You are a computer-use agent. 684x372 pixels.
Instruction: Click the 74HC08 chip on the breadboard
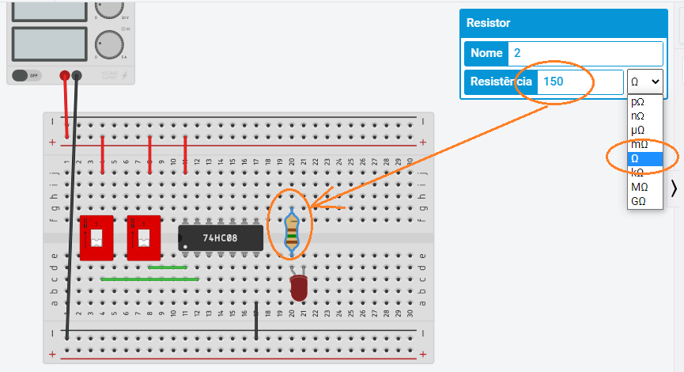click(x=220, y=237)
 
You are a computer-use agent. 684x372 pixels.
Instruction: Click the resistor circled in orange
click(x=292, y=230)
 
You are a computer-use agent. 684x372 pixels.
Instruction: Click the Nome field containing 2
click(x=585, y=53)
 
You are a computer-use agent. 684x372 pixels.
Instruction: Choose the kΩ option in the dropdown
click(x=638, y=173)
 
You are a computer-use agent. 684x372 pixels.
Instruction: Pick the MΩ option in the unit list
click(x=639, y=187)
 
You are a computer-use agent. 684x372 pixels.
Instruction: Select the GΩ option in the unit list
click(x=638, y=201)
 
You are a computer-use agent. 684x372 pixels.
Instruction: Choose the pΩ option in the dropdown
click(x=638, y=102)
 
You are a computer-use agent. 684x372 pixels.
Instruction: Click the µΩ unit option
click(x=638, y=130)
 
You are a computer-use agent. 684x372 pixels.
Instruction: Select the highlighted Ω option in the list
click(x=637, y=158)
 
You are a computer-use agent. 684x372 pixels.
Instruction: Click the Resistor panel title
click(x=489, y=24)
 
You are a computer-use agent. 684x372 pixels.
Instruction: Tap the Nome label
click(x=486, y=53)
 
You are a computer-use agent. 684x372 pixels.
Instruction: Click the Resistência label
click(x=501, y=82)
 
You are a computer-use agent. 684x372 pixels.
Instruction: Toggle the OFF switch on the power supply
click(x=26, y=75)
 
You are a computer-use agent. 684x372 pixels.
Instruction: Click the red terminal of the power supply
click(x=65, y=75)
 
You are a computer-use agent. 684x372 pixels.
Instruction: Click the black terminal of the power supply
click(x=77, y=75)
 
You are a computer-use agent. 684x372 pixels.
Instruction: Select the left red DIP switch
click(x=96, y=237)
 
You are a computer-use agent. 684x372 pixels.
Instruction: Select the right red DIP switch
click(x=143, y=237)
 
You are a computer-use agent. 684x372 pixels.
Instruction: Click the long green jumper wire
click(x=149, y=279)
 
